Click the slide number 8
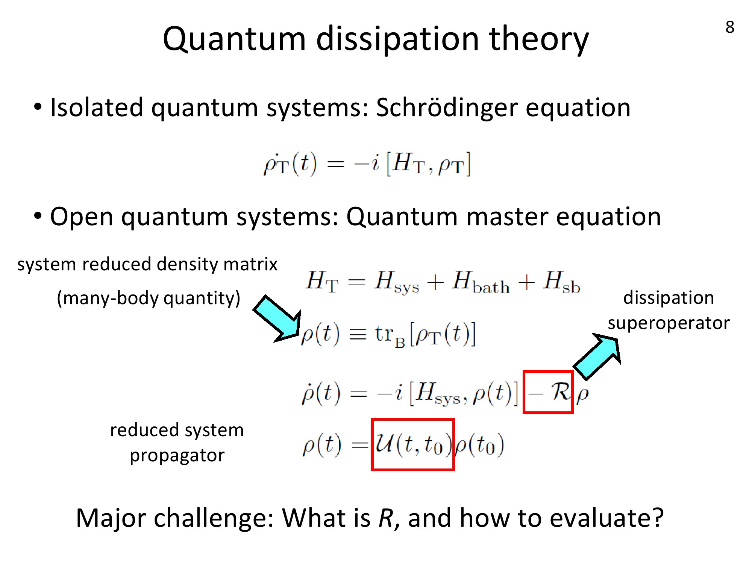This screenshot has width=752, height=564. click(x=730, y=27)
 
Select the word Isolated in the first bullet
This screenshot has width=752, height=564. click(x=97, y=108)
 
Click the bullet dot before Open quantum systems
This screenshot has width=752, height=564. click(x=38, y=216)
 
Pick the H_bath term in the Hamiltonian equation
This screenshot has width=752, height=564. click(x=481, y=282)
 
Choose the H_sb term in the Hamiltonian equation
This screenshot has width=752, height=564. click(x=562, y=282)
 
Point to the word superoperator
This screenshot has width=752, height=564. click(x=669, y=323)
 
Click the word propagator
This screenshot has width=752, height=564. click(x=177, y=456)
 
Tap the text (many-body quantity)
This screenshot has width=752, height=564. click(x=149, y=299)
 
